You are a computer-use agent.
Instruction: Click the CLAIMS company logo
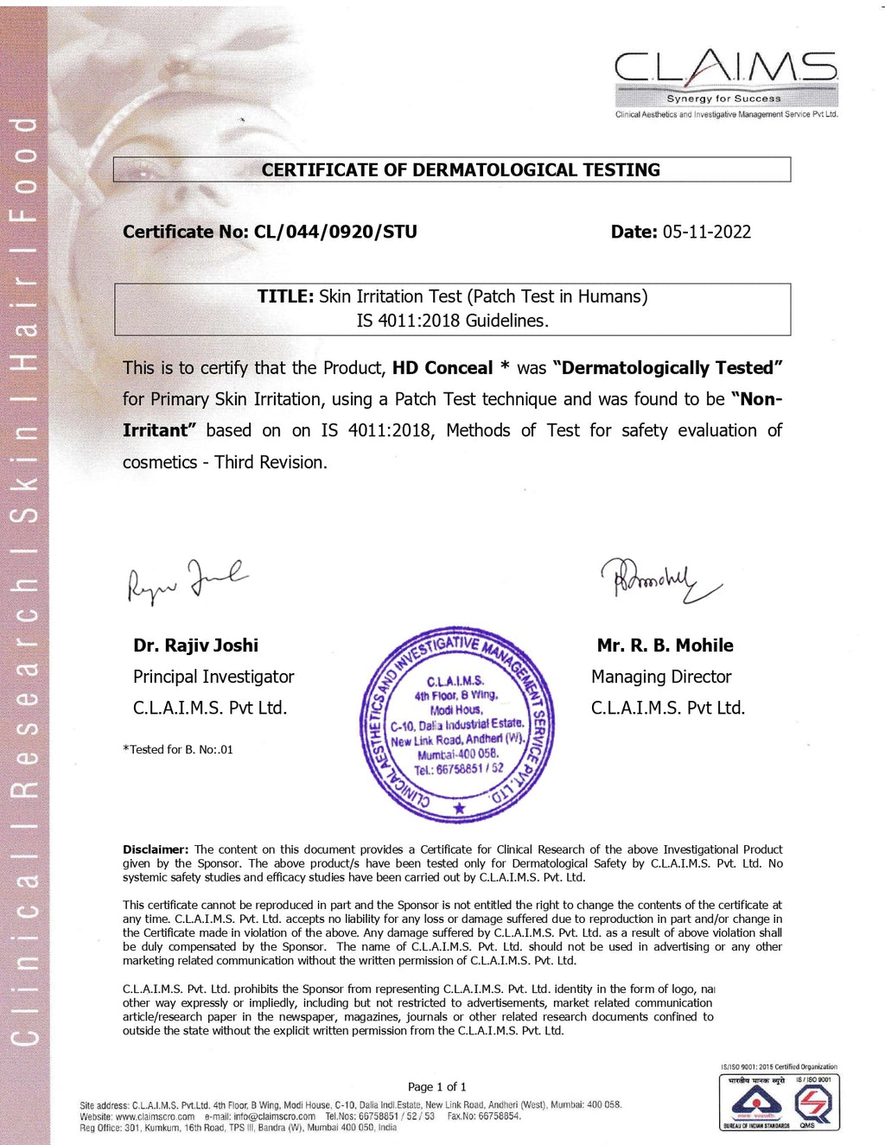pyautogui.click(x=725, y=68)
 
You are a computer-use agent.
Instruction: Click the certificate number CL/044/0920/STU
pyautogui.click(x=335, y=232)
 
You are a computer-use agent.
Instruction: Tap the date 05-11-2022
pyautogui.click(x=706, y=232)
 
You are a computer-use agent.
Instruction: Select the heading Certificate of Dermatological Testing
pyautogui.click(x=461, y=170)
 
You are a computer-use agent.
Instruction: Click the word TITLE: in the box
pyautogui.click(x=285, y=296)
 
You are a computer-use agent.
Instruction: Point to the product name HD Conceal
pyautogui.click(x=442, y=368)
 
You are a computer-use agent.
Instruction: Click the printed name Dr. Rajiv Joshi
pyautogui.click(x=195, y=646)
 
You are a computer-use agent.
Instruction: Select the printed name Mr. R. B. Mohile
pyautogui.click(x=665, y=646)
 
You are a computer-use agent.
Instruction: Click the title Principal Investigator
pyautogui.click(x=213, y=677)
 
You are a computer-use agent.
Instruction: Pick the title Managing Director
pyautogui.click(x=661, y=677)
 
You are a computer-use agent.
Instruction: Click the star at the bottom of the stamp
pyautogui.click(x=459, y=808)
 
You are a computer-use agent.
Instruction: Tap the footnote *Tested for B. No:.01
pyautogui.click(x=178, y=749)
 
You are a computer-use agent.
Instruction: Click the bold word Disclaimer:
pyautogui.click(x=156, y=849)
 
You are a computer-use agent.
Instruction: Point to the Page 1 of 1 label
pyautogui.click(x=436, y=1086)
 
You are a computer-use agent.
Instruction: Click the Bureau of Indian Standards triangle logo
pyautogui.click(x=756, y=1103)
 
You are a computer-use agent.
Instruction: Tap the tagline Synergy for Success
pyautogui.click(x=723, y=99)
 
